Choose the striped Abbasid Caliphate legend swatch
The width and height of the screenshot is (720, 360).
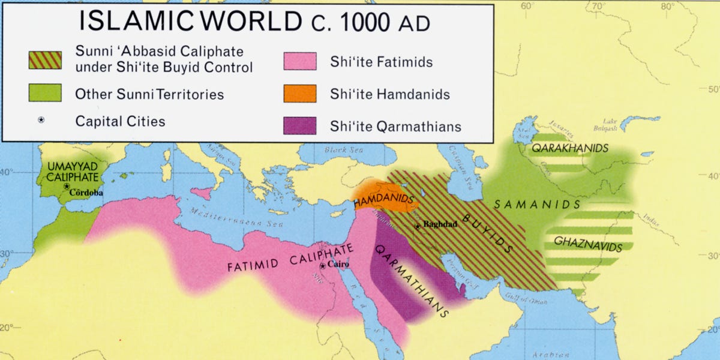coord(44,59)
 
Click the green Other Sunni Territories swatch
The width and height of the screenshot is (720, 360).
coord(44,94)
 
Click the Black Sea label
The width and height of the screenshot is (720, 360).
coord(340,150)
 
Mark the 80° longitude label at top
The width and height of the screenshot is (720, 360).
coord(667,7)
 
